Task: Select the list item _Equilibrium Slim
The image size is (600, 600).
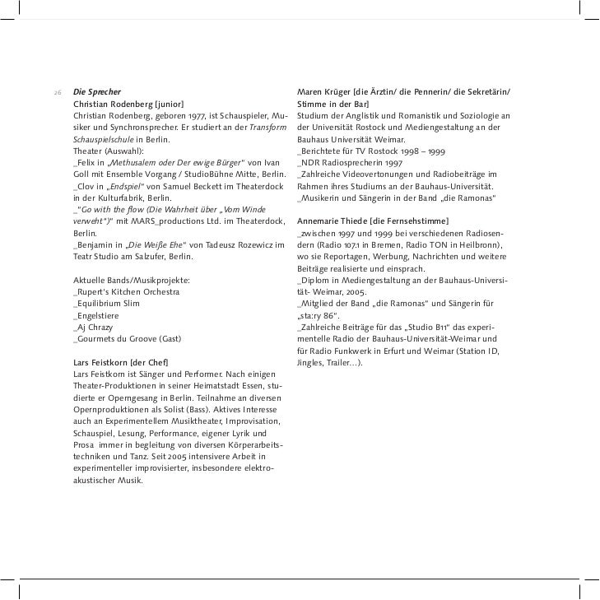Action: coord(106,304)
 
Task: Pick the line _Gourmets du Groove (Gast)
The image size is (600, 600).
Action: coord(127,339)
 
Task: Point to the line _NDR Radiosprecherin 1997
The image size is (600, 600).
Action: coord(351,163)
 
